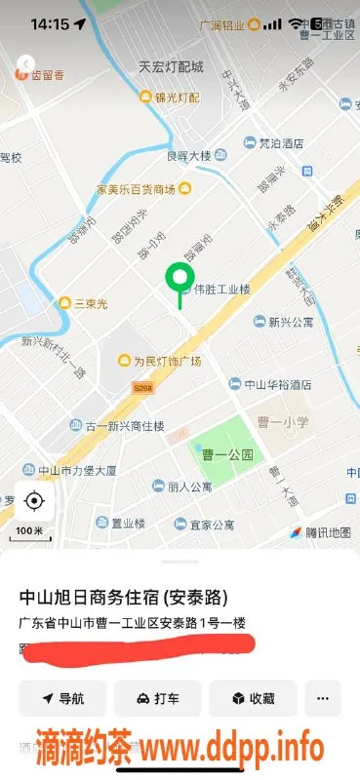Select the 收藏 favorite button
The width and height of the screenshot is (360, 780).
pyautogui.click(x=252, y=698)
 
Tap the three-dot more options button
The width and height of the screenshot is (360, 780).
pyautogui.click(x=322, y=698)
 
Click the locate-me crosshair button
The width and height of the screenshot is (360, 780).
pyautogui.click(x=34, y=501)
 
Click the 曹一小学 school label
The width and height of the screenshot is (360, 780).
pyautogui.click(x=283, y=422)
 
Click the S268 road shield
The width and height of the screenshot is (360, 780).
pyautogui.click(x=143, y=387)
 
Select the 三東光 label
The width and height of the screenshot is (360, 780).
pyautogui.click(x=93, y=302)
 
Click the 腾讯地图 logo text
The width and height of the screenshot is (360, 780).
pyautogui.click(x=320, y=532)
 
